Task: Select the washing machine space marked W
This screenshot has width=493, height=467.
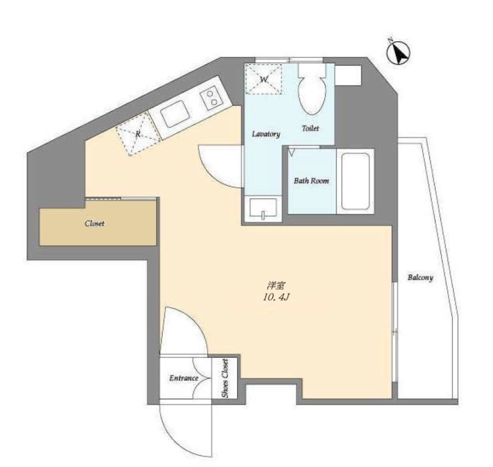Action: click(264, 79)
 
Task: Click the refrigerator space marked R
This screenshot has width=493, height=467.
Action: click(138, 134)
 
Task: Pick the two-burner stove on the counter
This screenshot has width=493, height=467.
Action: click(211, 97)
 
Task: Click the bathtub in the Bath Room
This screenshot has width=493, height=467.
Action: click(356, 181)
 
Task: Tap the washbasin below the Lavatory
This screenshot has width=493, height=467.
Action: click(263, 208)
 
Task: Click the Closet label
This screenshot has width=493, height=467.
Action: click(95, 224)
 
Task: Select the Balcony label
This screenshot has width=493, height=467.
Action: click(420, 277)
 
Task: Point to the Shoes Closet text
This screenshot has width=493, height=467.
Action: click(225, 378)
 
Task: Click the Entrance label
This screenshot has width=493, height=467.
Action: click(184, 378)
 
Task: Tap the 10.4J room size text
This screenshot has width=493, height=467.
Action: click(275, 298)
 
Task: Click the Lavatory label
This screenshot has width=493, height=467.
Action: click(266, 134)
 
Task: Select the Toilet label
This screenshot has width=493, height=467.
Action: click(311, 128)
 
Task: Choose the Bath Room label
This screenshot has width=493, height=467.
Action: click(312, 181)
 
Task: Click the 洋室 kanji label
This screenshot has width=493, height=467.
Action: click(275, 286)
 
